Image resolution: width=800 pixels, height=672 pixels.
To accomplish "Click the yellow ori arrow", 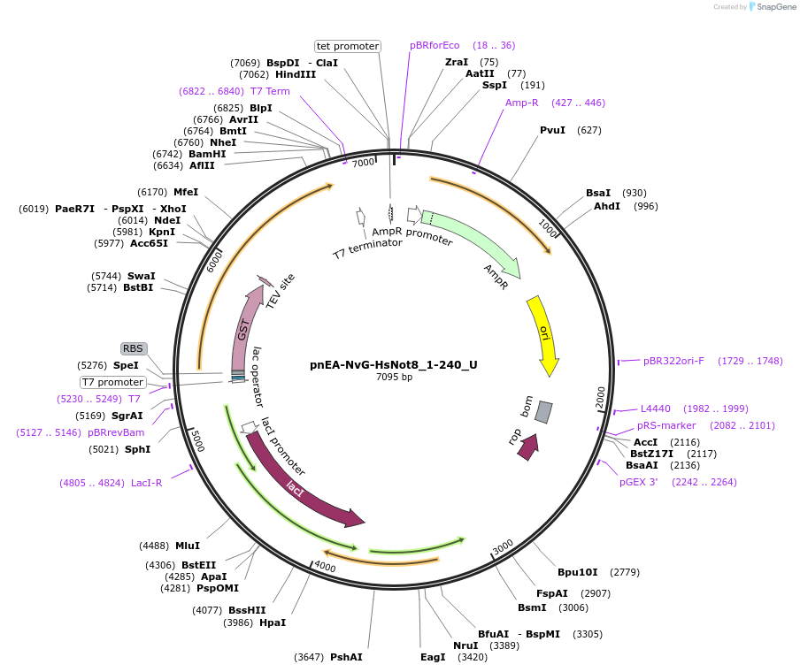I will coord(542,334).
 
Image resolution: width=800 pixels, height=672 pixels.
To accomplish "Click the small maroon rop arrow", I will coord(527,447).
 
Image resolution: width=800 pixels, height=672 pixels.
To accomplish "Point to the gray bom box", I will coord(543,412).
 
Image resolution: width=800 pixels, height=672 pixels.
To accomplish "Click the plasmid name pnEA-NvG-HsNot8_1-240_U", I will coord(394,364).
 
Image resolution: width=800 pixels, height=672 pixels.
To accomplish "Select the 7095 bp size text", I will coord(394,378).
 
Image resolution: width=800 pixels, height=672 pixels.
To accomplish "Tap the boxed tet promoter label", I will coord(348,46).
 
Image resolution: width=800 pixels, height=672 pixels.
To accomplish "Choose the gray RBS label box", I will coord(133,348).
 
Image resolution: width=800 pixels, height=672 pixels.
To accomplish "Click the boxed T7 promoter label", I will coord(112,382).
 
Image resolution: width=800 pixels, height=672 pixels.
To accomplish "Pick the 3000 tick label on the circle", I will coord(503,547).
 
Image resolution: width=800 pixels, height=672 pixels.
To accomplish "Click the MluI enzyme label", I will coord(187,546).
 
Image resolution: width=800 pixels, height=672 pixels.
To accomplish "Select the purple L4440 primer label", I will coord(656,409).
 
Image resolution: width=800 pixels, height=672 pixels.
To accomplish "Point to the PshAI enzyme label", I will coord(346,657).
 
